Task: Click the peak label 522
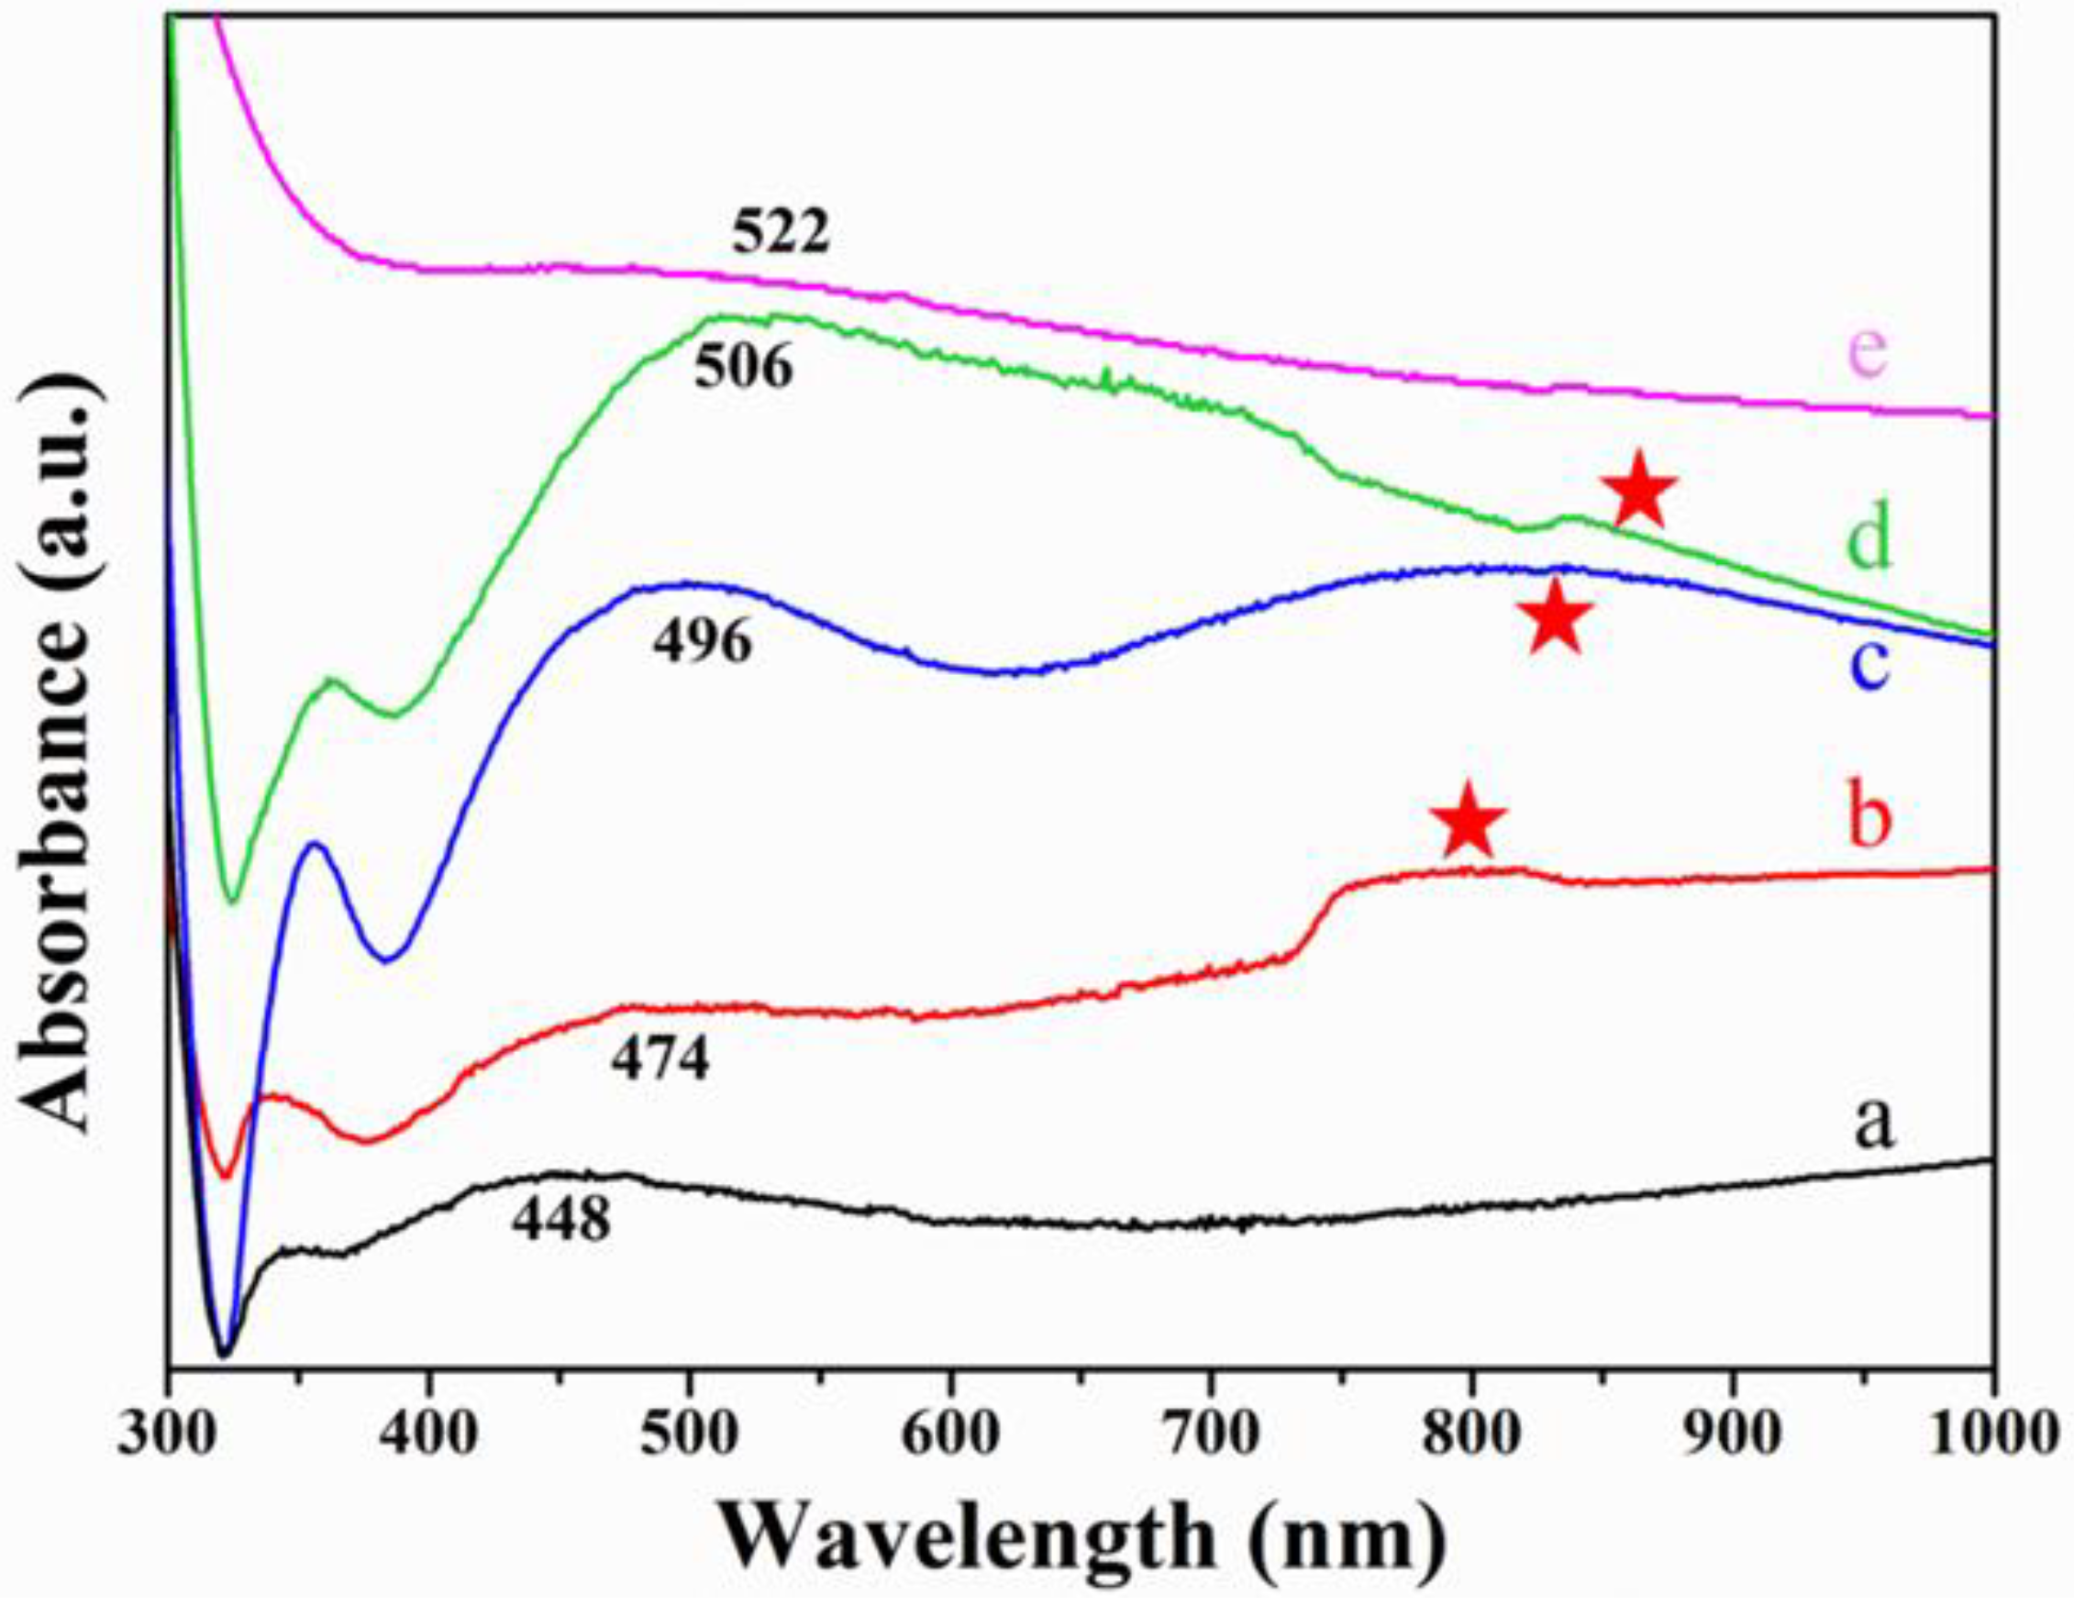[781, 234]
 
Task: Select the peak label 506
[743, 369]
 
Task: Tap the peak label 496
[702, 644]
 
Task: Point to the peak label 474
[659, 1060]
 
